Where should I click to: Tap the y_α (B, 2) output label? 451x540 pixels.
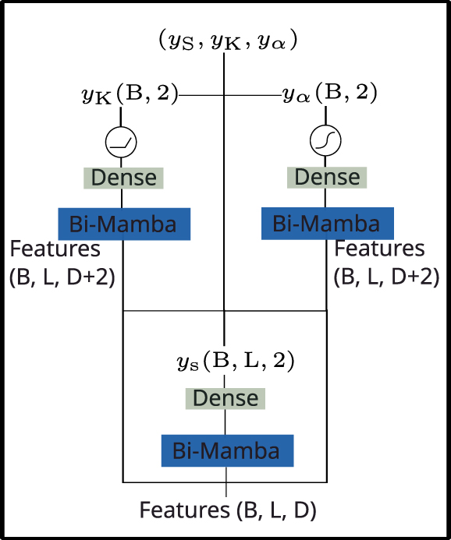pyautogui.click(x=329, y=95)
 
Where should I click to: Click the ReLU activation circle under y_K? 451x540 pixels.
pyautogui.click(x=121, y=141)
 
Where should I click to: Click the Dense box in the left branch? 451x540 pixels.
pyautogui.click(x=123, y=178)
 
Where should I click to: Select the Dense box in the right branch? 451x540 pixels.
pyautogui.click(x=326, y=178)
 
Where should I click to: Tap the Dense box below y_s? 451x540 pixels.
pyautogui.click(x=225, y=398)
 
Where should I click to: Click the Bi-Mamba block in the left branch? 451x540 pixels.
pyautogui.click(x=124, y=224)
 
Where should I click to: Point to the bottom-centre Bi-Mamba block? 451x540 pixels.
pyautogui.click(x=226, y=450)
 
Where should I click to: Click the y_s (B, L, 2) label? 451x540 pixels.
pyautogui.click(x=236, y=361)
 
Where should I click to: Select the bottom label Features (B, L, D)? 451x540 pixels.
pyautogui.click(x=228, y=510)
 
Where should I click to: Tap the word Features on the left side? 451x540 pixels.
pyautogui.click(x=55, y=249)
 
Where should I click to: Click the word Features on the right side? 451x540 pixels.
pyautogui.click(x=379, y=249)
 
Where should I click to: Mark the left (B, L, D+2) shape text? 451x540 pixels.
pyautogui.click(x=62, y=277)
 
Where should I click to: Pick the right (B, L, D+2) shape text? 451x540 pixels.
pyautogui.click(x=385, y=277)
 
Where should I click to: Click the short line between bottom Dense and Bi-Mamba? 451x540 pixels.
pyautogui.click(x=225, y=423)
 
